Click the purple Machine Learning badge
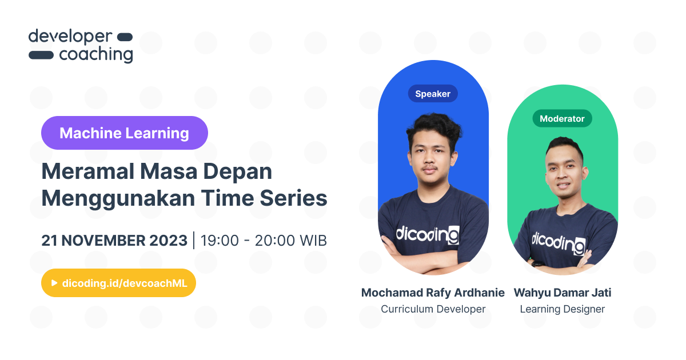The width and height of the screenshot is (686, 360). [x=124, y=133]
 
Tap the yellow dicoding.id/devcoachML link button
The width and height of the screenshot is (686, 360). [x=118, y=283]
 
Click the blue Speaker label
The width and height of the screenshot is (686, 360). [x=433, y=94]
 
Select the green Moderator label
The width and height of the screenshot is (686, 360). [x=562, y=118]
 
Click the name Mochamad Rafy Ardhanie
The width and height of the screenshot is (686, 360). [x=433, y=293]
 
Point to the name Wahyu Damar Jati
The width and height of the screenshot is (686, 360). [x=562, y=293]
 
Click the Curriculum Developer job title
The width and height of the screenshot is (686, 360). [x=433, y=309]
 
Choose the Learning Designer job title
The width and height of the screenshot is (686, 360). [x=562, y=309]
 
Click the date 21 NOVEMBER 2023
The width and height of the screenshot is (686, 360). [x=114, y=241]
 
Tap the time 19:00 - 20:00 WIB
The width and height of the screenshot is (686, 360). [x=264, y=241]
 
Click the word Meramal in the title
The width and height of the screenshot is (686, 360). [x=79, y=171]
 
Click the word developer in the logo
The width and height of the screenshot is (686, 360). [x=70, y=37]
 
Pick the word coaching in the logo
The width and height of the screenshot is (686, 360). [x=95, y=55]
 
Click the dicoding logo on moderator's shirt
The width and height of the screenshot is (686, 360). [x=558, y=241]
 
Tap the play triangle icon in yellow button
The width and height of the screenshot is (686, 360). [x=54, y=283]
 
